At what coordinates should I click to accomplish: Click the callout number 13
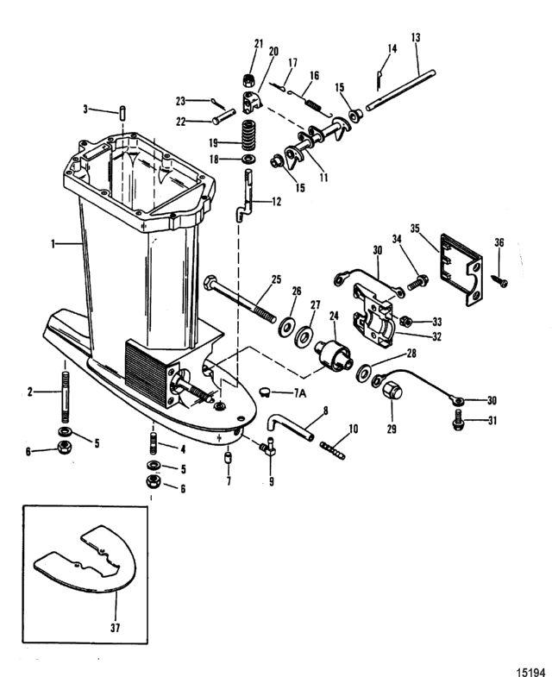click(x=416, y=38)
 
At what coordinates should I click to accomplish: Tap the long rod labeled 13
click(x=400, y=91)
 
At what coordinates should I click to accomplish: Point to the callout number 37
click(x=115, y=627)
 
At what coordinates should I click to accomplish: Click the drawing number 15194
click(x=531, y=672)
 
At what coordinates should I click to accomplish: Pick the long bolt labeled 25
click(x=240, y=299)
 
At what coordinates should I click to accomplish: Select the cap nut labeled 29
click(x=392, y=391)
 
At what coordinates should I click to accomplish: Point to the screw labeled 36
click(x=501, y=281)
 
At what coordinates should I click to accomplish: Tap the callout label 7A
click(x=300, y=393)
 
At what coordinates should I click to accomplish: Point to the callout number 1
click(x=53, y=244)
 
